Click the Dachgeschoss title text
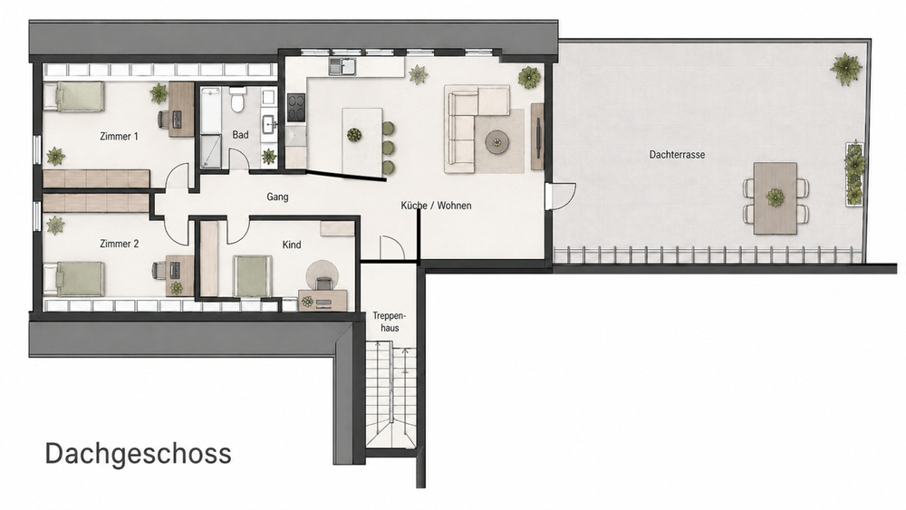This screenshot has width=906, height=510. click(138, 454)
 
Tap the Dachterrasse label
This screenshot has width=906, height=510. click(677, 155)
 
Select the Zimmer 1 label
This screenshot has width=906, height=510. click(119, 136)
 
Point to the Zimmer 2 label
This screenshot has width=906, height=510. click(119, 244)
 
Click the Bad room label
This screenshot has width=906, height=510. click(240, 135)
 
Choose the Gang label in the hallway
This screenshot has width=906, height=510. click(277, 197)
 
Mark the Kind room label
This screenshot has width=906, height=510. click(292, 245)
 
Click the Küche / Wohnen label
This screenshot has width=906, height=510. click(437, 206)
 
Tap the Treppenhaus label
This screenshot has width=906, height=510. click(390, 322)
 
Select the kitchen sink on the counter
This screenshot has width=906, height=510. click(343, 67)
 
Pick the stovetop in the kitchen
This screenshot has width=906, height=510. click(296, 108)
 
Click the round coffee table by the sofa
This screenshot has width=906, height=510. click(496, 141)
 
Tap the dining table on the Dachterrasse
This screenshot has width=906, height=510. click(776, 198)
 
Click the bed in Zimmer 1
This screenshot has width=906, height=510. click(74, 96)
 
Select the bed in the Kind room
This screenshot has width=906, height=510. click(253, 276)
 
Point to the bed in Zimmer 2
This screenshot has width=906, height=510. click(74, 280)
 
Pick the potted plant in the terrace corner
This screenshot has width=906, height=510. click(846, 69)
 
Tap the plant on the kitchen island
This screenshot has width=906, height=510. click(354, 135)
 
